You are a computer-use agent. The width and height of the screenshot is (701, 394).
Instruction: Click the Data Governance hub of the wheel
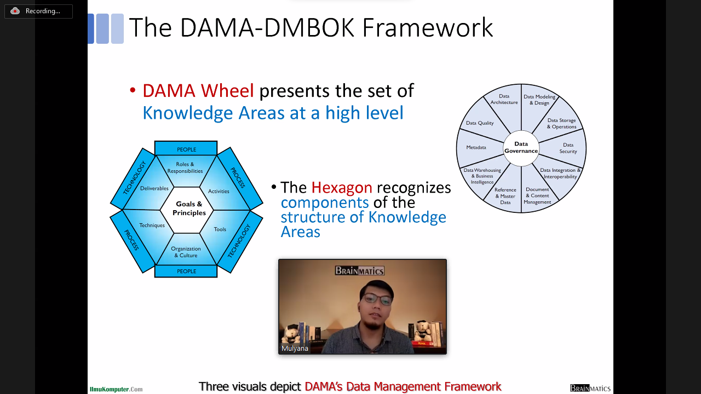pyautogui.click(x=521, y=148)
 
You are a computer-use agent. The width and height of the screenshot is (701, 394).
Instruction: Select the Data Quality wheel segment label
pyautogui.click(x=480, y=123)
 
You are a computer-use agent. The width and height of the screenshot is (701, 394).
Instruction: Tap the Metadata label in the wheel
pyautogui.click(x=476, y=147)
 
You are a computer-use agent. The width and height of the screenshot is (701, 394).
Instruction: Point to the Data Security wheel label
pyautogui.click(x=568, y=148)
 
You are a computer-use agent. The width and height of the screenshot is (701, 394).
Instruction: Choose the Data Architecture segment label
pyautogui.click(x=504, y=99)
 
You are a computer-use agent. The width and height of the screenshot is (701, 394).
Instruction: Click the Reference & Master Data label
pyautogui.click(x=505, y=196)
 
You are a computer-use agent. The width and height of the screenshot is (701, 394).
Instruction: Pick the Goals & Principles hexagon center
pyautogui.click(x=189, y=208)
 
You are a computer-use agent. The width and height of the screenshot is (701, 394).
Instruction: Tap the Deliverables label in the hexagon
pyautogui.click(x=154, y=188)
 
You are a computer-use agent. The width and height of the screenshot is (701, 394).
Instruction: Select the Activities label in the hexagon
pyautogui.click(x=219, y=191)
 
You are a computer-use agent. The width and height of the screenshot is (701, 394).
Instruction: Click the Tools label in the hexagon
pyautogui.click(x=220, y=229)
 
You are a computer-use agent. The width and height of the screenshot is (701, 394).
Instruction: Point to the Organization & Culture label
pyautogui.click(x=186, y=252)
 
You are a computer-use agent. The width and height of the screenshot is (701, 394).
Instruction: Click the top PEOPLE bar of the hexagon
pyautogui.click(x=186, y=148)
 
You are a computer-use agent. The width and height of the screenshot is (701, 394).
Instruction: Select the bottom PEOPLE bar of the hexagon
pyautogui.click(x=186, y=271)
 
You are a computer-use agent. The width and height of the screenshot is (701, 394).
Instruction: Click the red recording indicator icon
pyautogui.click(x=15, y=11)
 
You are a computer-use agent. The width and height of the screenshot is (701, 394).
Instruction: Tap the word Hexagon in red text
pyautogui.click(x=342, y=188)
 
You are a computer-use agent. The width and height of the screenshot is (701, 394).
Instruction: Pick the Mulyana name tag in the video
pyautogui.click(x=295, y=349)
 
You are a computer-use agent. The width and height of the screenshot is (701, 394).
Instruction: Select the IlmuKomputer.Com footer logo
pyautogui.click(x=116, y=389)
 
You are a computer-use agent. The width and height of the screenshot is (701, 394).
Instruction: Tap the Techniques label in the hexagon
pyautogui.click(x=152, y=225)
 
